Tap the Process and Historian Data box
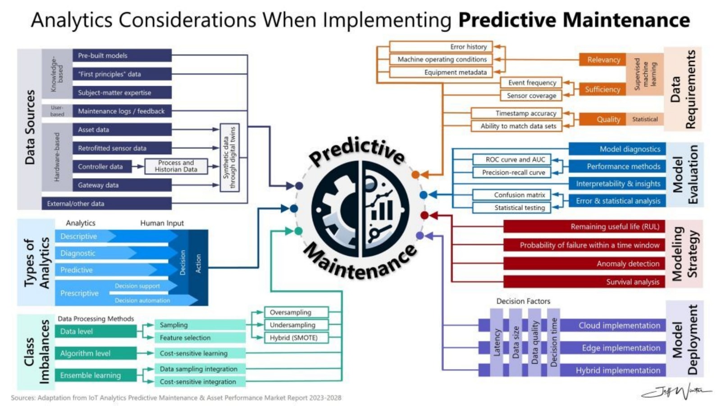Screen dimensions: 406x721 (x=176, y=166)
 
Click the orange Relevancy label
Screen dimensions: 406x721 (x=603, y=60)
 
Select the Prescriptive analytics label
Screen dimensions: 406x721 (x=79, y=293)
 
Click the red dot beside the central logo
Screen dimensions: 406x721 (x=424, y=215)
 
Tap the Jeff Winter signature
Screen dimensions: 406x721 (x=676, y=392)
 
